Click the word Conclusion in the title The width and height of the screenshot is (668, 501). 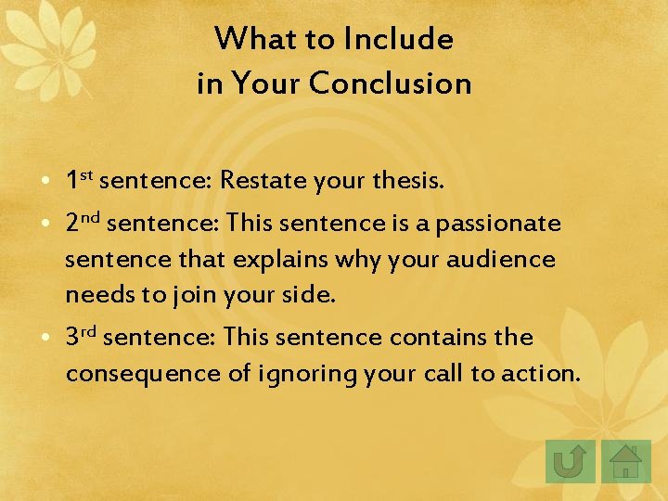point(390,83)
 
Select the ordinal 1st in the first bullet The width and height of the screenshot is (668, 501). point(79,179)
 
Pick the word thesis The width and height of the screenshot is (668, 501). point(409,180)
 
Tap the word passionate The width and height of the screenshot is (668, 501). point(498,224)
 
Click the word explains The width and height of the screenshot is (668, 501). point(276,259)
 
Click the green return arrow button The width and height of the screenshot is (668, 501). point(570,461)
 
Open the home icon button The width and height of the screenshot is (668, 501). point(626,461)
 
